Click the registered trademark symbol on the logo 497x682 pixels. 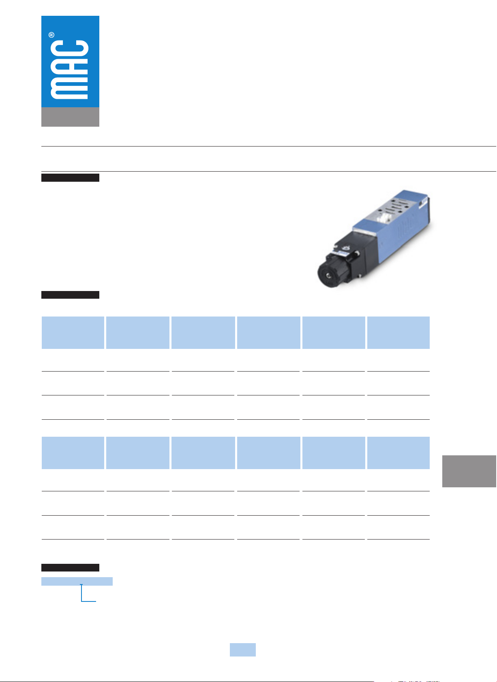click(51, 35)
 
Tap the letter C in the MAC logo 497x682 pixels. click(69, 51)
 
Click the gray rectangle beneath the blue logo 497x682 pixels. click(70, 117)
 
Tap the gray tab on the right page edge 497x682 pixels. click(469, 471)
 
